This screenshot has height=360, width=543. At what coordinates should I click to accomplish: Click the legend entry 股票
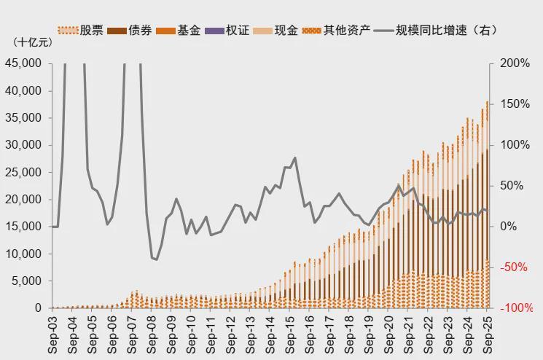coord(81,31)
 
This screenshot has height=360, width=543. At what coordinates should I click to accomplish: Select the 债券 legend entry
coord(128,31)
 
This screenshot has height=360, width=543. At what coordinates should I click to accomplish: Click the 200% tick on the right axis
coord(515,63)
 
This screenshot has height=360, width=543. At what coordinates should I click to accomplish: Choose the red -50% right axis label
coord(513,267)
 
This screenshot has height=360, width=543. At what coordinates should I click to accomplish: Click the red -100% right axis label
coord(515,308)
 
